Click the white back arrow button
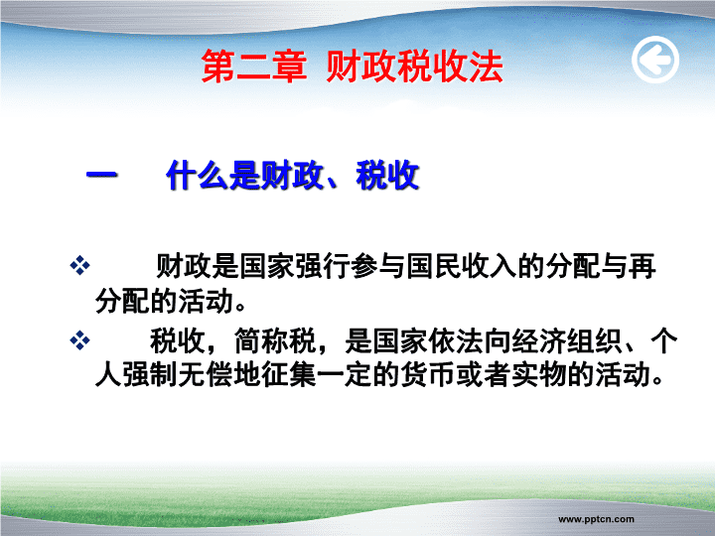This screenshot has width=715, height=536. tap(655, 60)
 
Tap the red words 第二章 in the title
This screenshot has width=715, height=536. tap(254, 67)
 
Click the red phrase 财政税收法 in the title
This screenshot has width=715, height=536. tap(414, 67)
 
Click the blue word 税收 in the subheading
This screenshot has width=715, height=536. tap(387, 175)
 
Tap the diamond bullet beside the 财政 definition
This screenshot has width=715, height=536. tap(79, 265)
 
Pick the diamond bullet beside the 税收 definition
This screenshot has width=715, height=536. tap(79, 340)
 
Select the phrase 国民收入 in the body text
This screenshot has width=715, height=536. tap(462, 266)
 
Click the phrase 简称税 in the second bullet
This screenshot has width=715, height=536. tap(275, 340)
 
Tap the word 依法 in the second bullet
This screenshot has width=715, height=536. tap(456, 340)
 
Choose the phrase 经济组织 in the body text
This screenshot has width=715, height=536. tap(567, 340)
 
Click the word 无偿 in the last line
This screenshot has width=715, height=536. tap(207, 374)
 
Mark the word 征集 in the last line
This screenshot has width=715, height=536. tap(290, 374)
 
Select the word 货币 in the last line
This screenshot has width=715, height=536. tap(429, 374)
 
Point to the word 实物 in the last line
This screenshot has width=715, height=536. tap(540, 374)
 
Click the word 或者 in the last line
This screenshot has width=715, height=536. tap(485, 374)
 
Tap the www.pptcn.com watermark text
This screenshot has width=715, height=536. tap(596, 519)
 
